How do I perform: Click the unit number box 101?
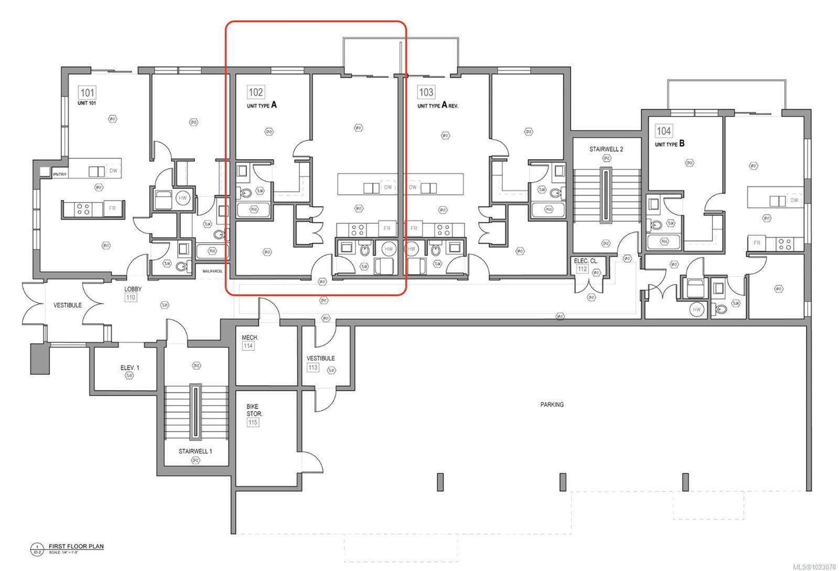coord(87,93)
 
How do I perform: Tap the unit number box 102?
coord(255,92)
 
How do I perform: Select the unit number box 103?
coord(426,92)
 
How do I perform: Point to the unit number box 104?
coord(663,131)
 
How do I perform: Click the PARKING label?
coord(552,405)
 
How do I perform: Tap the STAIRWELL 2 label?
coord(606,149)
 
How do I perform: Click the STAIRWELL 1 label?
coord(195,451)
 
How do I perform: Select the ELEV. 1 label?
coord(130,368)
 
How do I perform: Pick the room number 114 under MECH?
coord(248,346)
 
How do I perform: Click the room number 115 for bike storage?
coord(253,422)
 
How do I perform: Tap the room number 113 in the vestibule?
coord(313,367)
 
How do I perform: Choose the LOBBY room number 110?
coord(131,298)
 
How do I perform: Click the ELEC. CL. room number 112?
coord(583,269)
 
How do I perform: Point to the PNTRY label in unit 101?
coord(59,174)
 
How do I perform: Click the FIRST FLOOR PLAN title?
coord(76,546)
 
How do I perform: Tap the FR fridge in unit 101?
coord(112,208)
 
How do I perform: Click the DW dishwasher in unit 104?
coord(794,200)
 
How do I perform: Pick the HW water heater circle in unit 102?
coord(388,249)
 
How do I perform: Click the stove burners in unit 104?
coord(785,244)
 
